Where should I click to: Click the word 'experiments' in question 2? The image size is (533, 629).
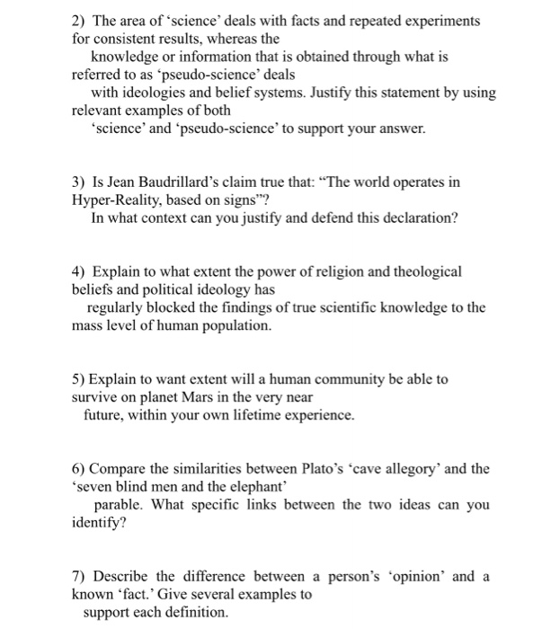click(x=441, y=20)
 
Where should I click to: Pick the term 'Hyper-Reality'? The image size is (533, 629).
click(x=115, y=199)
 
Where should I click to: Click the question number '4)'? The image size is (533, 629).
click(x=79, y=270)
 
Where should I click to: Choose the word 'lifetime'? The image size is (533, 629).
click(x=265, y=415)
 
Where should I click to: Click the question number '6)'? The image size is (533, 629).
click(x=79, y=468)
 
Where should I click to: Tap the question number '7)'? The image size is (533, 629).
click(x=79, y=576)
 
